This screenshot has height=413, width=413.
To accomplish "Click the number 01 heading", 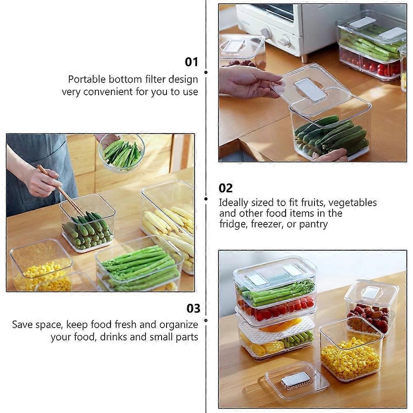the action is tap(191, 62).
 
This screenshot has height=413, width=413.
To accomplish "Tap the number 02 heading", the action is tap(225, 188).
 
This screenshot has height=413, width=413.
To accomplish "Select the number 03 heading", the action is tap(193, 308).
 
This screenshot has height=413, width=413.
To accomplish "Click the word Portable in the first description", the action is tap(87, 79).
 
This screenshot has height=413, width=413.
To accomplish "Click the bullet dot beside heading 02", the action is tap(206, 199).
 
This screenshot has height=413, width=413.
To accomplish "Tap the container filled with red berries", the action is tap(370, 310).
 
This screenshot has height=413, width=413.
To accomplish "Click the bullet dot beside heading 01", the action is tap(206, 72).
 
